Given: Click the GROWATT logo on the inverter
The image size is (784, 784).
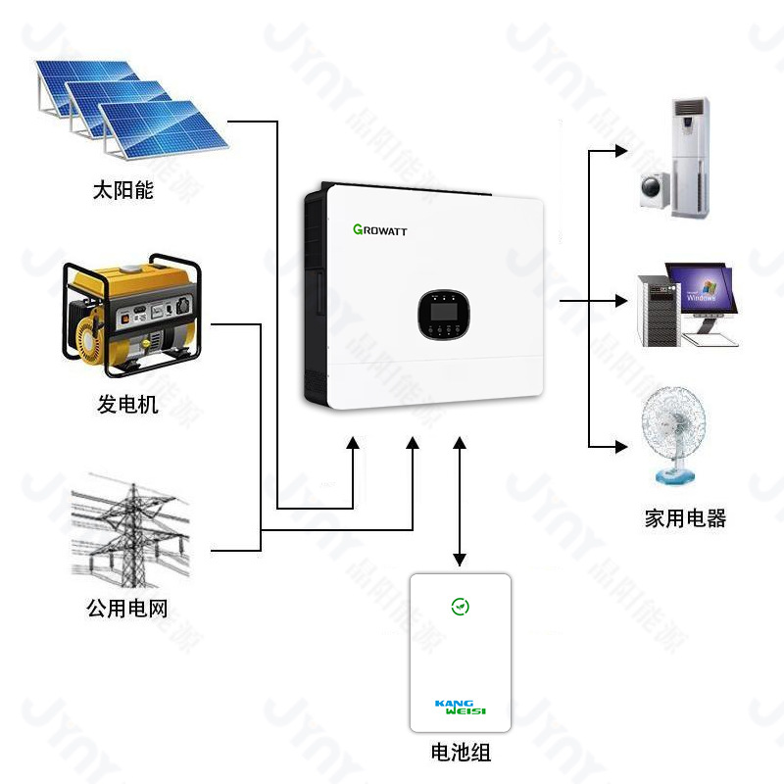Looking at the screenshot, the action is pos(379,230).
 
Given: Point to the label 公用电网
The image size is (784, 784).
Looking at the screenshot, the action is pos(127,609).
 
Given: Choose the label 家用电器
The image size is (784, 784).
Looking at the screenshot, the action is pos(685,518).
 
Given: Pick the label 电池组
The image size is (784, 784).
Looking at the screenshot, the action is pos(461,753).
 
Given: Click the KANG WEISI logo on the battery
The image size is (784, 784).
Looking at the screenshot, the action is pos(460,707).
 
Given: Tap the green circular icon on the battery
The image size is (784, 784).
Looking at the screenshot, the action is pos(460,607).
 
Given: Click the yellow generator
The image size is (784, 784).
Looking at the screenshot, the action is pos(129,316).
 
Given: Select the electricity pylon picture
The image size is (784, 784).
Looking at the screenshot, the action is pos(129,529).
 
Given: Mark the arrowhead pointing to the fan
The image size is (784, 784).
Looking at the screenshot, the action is pos(620,447).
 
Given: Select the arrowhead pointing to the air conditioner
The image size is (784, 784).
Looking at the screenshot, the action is pos(620,151).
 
